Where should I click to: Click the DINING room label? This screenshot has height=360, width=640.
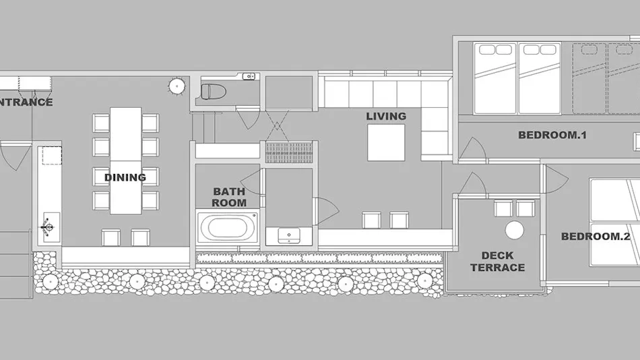point(125,177)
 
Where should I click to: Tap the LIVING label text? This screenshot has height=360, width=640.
point(386,117)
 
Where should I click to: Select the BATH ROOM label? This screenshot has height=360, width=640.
point(229,197)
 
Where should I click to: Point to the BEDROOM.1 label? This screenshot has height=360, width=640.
point(552,135)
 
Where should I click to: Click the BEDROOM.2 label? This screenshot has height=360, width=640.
point(596,236)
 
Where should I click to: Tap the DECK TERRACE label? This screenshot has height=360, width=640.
point(497,262)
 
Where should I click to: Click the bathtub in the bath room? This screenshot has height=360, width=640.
point(227,227)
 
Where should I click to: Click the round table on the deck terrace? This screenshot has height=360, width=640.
point(514,230)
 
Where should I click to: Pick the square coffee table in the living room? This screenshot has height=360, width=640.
point(386,143)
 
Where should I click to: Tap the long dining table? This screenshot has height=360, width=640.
point(126,160)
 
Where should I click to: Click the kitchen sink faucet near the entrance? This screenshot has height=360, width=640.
point(47,227)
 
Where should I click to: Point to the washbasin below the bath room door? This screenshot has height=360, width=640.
point(289,235)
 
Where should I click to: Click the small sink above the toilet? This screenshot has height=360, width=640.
point(249,76)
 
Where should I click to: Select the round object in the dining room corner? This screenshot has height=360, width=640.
point(177,86)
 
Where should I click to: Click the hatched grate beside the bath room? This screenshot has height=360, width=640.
point(289,152)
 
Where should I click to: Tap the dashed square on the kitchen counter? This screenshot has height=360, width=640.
point(52,156)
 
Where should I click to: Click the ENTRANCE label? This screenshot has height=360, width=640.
point(26,102)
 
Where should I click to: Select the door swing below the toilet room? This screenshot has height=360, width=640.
point(248,118)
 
